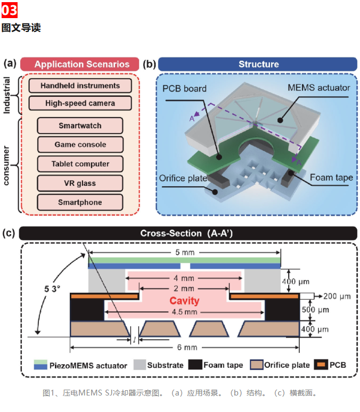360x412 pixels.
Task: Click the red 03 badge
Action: coord(10,10)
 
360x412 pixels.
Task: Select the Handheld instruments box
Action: coord(80,86)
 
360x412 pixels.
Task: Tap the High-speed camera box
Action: coord(80,103)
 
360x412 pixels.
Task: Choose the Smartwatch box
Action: coord(80,126)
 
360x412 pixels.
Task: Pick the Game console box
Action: coord(80,144)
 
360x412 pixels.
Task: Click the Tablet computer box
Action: coord(80,164)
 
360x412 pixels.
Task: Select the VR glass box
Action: coord(80,183)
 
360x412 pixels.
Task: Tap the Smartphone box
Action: coord(80,202)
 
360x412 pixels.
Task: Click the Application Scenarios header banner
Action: coord(80,64)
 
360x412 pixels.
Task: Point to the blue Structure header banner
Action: coord(258,64)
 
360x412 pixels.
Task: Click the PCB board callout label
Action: coord(184,89)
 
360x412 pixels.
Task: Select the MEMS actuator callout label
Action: coord(318,88)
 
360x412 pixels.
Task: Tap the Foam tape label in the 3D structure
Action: coord(331,178)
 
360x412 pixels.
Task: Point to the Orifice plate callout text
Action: coord(183,178)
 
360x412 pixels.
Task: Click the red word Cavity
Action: coord(184,301)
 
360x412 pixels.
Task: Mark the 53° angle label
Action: coord(52,289)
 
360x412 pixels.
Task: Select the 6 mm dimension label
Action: coord(187,348)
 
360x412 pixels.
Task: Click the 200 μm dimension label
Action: coord(337,296)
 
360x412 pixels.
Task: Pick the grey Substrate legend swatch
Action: coord(140,365)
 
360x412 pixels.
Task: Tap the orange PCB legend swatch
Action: coord(321,365)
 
